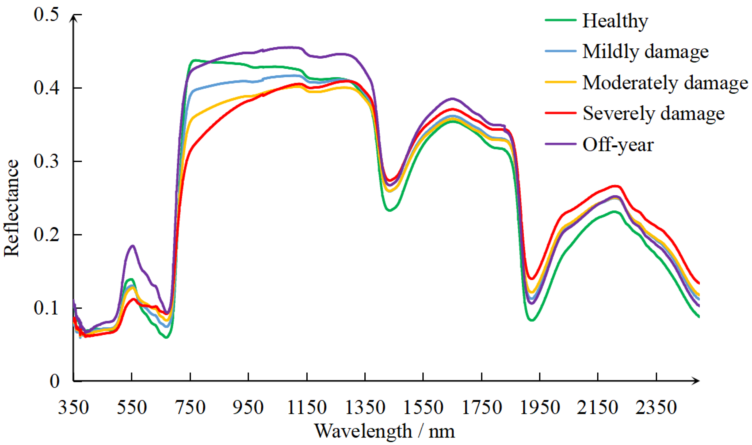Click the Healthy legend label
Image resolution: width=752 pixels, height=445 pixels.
(615, 21)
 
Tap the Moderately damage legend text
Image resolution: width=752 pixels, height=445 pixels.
(665, 83)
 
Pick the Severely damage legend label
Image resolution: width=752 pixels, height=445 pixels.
(653, 114)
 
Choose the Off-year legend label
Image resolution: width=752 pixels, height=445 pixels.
(618, 145)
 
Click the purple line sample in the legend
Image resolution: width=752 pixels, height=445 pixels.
(560, 144)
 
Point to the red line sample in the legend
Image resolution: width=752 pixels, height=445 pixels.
(560, 113)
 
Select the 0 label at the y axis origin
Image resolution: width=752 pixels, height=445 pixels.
(55, 382)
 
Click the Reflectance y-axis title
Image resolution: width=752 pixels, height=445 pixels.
(12, 208)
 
